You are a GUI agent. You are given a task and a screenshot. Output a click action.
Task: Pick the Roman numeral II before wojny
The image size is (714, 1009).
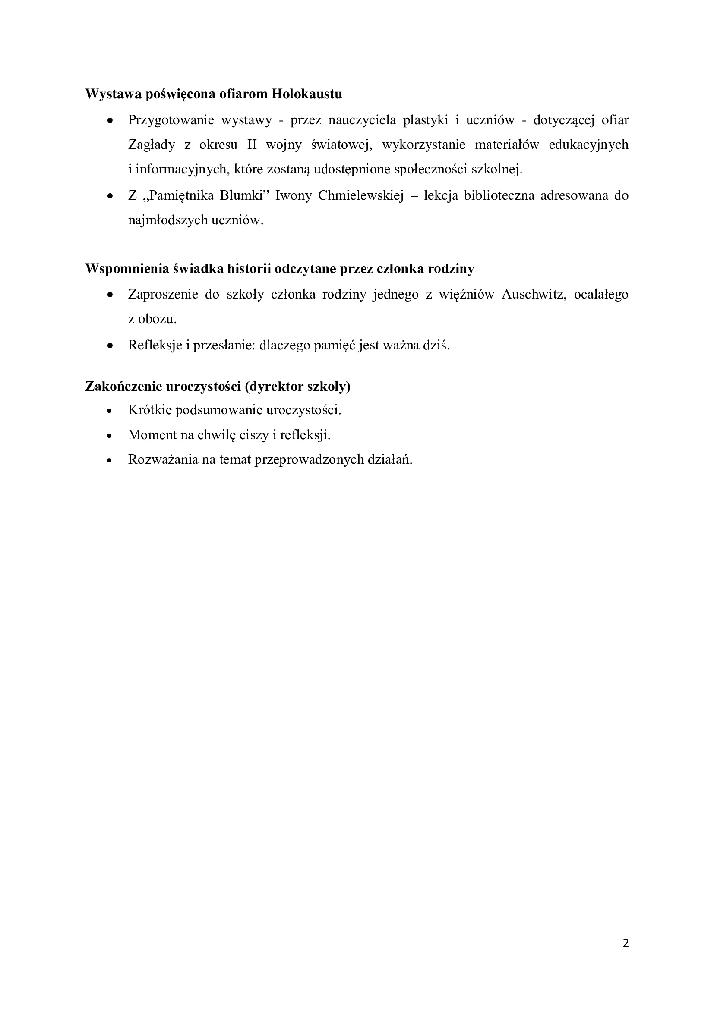pyautogui.click(x=252, y=145)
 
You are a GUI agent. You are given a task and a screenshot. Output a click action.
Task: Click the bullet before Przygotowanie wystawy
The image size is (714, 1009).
pyautogui.click(x=111, y=120)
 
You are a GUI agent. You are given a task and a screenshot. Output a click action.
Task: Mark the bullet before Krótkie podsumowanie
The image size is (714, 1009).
pyautogui.click(x=111, y=410)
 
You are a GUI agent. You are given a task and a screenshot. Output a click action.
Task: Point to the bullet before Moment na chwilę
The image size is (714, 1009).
pyautogui.click(x=111, y=435)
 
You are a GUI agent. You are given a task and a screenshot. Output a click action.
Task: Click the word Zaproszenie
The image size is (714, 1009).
pyautogui.click(x=163, y=294)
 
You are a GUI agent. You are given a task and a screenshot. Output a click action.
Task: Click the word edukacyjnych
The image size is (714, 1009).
pyautogui.click(x=589, y=145)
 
